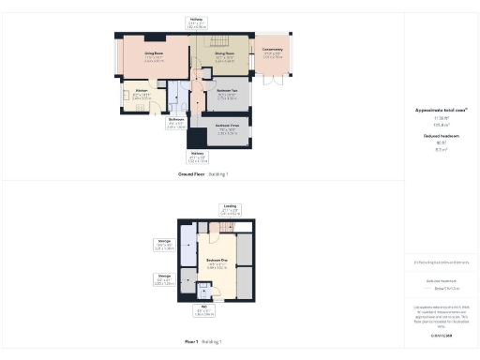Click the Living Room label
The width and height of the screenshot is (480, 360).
click(x=155, y=53)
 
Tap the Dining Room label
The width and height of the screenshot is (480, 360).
click(x=223, y=53)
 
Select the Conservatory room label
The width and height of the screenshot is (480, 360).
click(x=272, y=52)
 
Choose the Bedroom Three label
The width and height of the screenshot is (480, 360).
click(x=225, y=125)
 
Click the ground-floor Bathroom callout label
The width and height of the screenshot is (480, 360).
click(x=175, y=119)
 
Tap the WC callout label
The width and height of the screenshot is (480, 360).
click(x=202, y=306)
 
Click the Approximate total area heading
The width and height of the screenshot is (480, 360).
click(x=441, y=110)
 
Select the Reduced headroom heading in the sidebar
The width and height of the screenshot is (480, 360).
click(x=441, y=136)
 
